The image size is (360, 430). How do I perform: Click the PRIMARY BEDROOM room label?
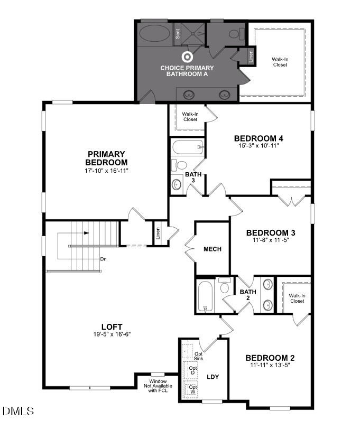[x=107, y=158]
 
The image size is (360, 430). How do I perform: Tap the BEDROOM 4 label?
[x=255, y=138]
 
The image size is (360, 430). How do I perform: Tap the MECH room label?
[x=212, y=249]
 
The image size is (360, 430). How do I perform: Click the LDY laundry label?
[x=213, y=377]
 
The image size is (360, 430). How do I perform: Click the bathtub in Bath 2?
[x=204, y=296]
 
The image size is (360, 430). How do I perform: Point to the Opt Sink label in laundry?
[x=199, y=356]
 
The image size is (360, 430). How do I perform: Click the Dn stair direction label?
[x=104, y=259]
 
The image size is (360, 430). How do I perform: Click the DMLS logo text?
[x=18, y=410]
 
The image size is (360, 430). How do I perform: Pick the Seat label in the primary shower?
[x=178, y=33]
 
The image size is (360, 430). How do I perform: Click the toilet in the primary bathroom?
[x=234, y=34]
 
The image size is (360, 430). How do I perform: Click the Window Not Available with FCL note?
[x=158, y=386]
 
